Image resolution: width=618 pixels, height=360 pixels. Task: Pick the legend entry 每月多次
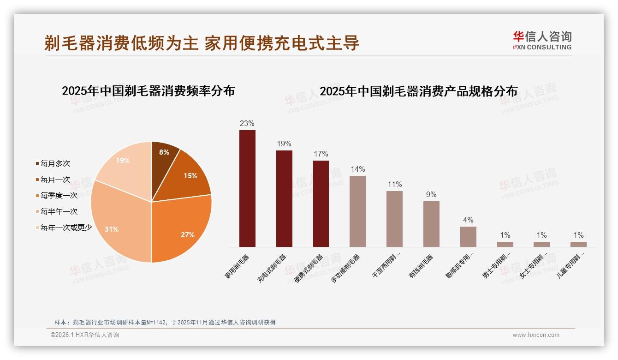click(x=55, y=163)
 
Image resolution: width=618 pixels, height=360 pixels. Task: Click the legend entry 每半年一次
click(x=59, y=211)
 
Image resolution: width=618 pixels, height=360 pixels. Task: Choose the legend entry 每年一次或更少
click(x=66, y=228)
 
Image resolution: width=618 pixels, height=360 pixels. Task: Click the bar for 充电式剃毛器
click(x=284, y=198)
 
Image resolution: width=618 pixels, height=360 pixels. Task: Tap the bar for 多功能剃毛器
click(x=357, y=211)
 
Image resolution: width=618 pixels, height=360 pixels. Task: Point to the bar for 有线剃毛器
click(x=431, y=224)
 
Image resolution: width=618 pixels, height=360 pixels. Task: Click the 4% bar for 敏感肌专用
click(x=468, y=236)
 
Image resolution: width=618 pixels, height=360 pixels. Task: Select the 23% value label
click(x=247, y=123)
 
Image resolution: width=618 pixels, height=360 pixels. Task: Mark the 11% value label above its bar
click(x=394, y=184)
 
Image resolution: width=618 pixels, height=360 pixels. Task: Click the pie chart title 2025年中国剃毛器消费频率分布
click(x=148, y=91)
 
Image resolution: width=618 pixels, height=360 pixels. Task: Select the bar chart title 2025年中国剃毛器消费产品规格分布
click(x=418, y=91)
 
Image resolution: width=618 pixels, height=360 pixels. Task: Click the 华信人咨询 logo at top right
click(x=542, y=40)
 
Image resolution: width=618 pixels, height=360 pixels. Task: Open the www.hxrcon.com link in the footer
click(x=536, y=335)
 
